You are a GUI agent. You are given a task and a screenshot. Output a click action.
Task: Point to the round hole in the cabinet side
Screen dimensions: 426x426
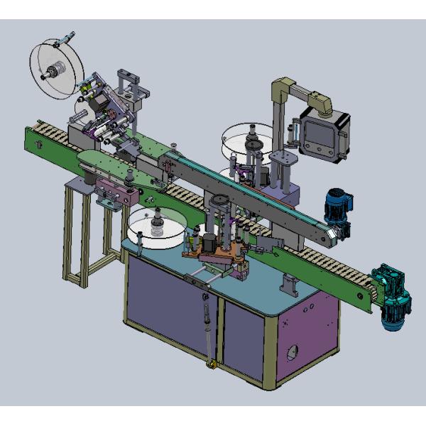[x=290, y=351]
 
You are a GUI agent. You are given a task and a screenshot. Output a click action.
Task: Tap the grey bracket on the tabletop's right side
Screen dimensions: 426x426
[x=290, y=288]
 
